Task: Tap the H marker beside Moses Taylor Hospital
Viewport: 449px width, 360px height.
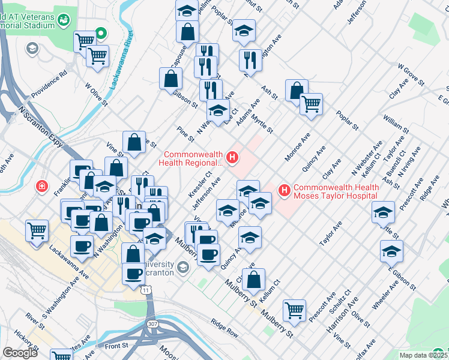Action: [284, 191]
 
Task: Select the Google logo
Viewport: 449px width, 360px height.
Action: [20, 353]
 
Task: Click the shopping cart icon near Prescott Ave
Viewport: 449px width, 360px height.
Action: [295, 310]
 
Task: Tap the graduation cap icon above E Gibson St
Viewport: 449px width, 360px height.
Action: [391, 251]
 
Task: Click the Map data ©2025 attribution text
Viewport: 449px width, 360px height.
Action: [420, 355]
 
